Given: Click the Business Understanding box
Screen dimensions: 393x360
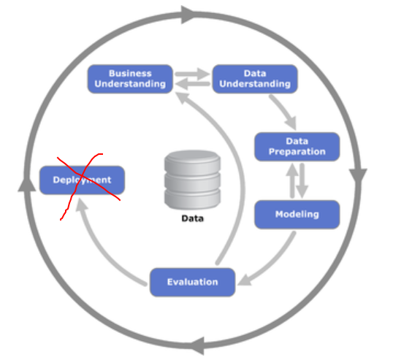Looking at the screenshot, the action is coord(130,79).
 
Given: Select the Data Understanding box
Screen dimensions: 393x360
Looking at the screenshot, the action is coord(255,79).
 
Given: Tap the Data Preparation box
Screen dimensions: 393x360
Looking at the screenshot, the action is coord(297,147).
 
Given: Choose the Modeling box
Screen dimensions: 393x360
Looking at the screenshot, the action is coord(297,215).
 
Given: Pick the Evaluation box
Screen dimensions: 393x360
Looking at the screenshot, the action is coord(193,282).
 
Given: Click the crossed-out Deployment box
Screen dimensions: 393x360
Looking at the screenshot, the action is coord(83,180).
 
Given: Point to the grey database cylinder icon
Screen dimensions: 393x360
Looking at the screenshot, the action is coord(193,180).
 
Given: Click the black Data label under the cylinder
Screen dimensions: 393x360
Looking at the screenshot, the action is coord(193,218).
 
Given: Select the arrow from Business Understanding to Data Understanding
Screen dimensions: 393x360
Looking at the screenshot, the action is coord(193,74).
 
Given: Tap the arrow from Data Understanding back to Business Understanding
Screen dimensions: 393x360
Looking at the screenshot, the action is coord(193,84).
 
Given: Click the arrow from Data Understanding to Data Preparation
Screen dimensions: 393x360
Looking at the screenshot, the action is coord(284,110).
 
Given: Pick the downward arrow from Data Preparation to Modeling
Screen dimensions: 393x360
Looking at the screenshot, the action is coord(302,180).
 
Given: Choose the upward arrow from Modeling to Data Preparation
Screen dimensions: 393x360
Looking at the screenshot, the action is coord(292,180).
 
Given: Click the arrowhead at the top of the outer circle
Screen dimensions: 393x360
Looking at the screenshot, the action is coord(188,15).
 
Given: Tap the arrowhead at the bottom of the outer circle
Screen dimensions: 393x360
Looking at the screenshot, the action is coord(198,346).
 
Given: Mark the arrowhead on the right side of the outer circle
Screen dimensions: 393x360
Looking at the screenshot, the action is coord(358,175).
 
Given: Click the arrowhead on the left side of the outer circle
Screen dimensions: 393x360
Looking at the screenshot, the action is coord(26,185).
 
